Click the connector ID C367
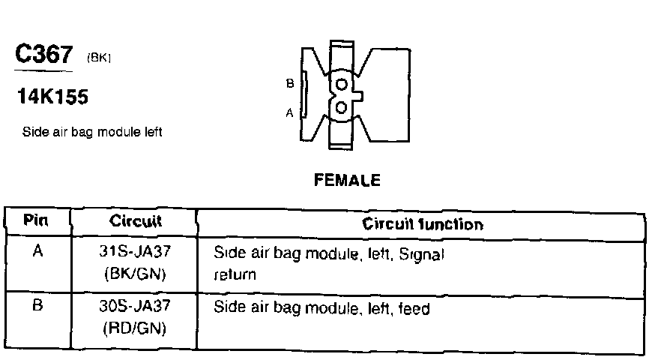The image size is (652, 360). [x=43, y=55]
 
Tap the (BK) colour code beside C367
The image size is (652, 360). [x=100, y=58]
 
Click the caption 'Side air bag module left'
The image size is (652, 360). [x=93, y=133]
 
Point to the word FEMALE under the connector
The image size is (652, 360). [x=348, y=180]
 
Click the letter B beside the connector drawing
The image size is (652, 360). [x=290, y=83]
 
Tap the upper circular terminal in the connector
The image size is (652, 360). [x=342, y=84]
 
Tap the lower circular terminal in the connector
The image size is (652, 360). [x=342, y=108]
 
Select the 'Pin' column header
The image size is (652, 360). [x=37, y=222]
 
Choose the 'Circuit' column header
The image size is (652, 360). [x=135, y=222]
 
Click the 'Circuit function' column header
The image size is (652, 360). [x=423, y=223]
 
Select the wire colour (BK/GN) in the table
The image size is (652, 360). [x=136, y=274]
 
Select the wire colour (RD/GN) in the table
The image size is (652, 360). [x=136, y=328]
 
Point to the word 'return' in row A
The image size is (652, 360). [x=235, y=274]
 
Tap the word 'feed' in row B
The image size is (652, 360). [x=414, y=307]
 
